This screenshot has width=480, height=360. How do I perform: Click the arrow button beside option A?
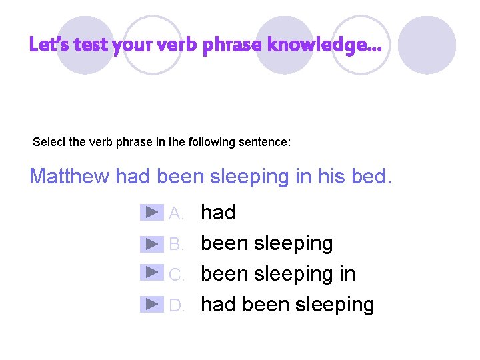153,213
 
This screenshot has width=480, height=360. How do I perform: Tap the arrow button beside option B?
153,243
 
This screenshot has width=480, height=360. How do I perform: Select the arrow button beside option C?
153,273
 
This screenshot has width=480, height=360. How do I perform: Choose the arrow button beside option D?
153,304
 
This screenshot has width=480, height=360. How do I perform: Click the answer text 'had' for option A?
218,213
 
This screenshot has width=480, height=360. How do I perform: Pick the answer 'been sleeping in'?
278,274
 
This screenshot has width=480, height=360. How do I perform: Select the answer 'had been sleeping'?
287,305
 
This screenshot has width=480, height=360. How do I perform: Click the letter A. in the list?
177,214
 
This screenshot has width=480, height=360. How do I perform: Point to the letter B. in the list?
177,245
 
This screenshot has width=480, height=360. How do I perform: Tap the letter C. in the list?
177,275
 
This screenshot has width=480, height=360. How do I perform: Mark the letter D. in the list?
177,305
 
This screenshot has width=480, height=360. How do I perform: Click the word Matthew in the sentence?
70,177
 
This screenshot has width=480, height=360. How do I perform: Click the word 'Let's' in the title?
49,45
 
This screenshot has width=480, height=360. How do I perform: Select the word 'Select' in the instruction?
49,142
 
